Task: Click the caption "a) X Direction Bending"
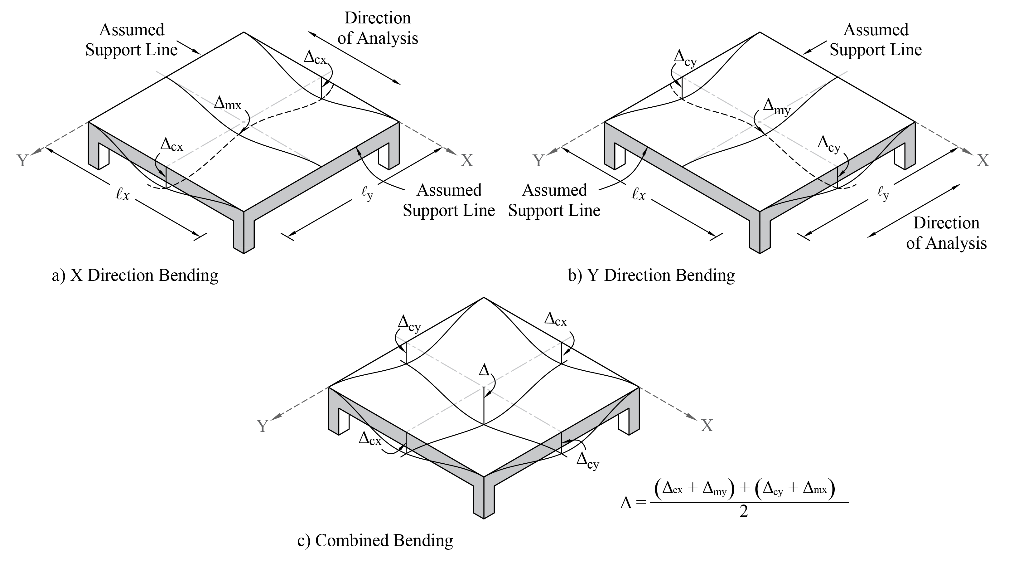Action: point(135,275)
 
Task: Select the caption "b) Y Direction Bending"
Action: point(651,275)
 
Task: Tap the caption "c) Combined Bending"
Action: point(375,540)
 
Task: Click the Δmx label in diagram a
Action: point(228,104)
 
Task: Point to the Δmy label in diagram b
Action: point(777,107)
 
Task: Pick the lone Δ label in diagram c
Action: point(485,370)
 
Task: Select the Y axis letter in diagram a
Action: point(22,161)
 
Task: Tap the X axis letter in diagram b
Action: point(982,160)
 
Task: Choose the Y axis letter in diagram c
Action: point(263,426)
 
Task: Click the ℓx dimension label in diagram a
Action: point(123,195)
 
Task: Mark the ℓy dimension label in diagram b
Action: point(883,193)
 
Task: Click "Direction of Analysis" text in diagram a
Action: point(378,28)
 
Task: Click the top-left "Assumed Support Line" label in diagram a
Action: point(132,40)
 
